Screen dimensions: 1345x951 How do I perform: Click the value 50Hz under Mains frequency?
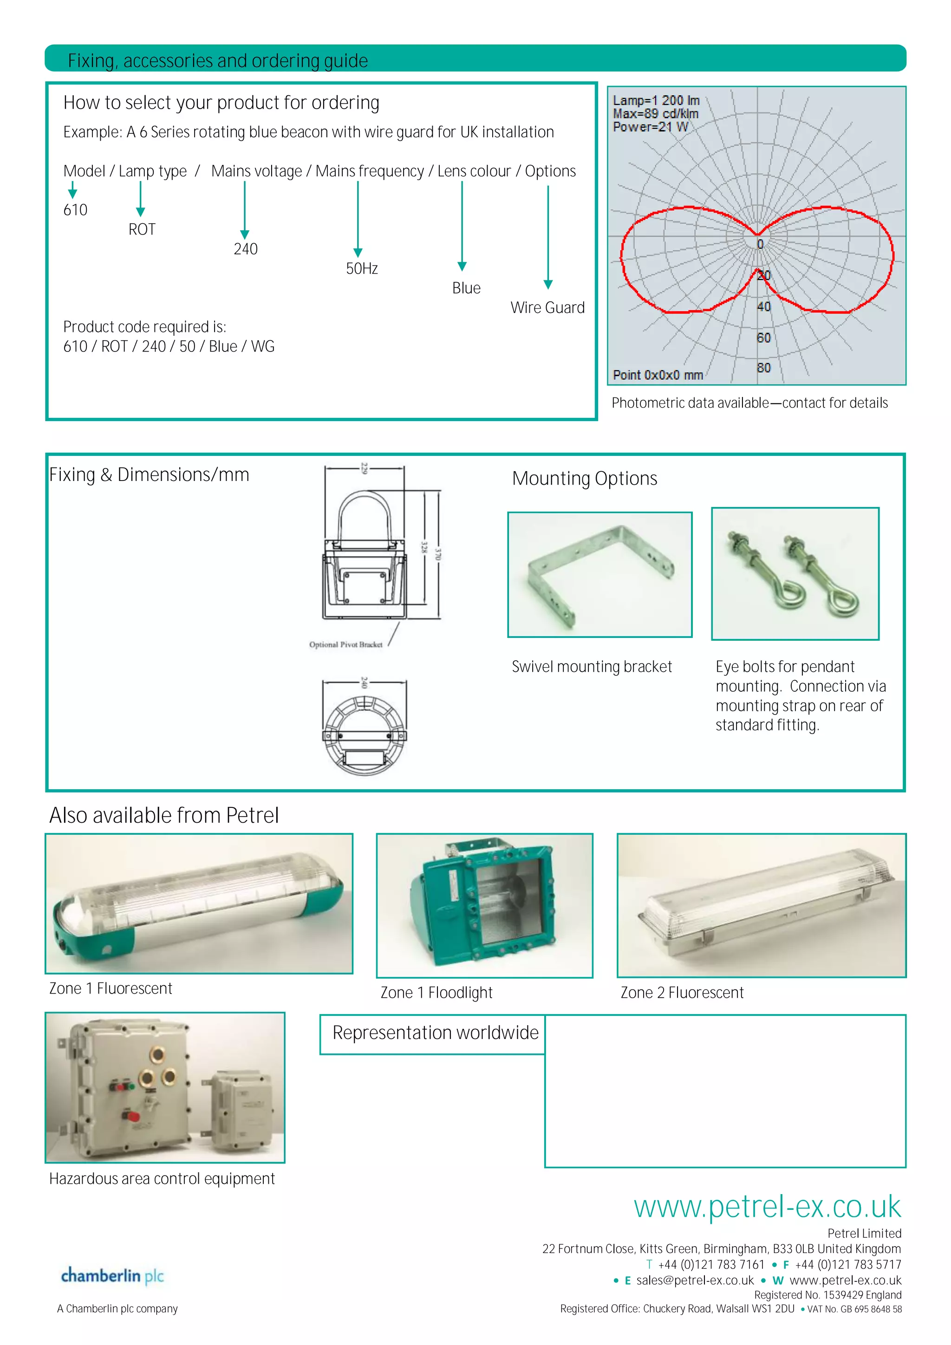[x=362, y=269]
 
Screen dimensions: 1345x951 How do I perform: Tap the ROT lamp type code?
[x=142, y=230]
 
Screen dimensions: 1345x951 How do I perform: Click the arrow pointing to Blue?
[x=462, y=226]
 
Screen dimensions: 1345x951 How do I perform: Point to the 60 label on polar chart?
[x=763, y=338]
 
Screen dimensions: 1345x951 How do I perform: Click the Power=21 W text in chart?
[x=651, y=127]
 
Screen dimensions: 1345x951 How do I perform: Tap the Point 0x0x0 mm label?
[x=658, y=375]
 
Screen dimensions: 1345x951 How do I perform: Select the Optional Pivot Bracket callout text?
[x=345, y=644]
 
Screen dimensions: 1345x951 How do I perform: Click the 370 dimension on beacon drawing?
[x=437, y=553]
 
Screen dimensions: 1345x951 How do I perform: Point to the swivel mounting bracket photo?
[x=599, y=575]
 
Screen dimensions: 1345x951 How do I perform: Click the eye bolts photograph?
[x=795, y=573]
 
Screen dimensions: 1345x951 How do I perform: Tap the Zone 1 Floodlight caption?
[x=436, y=992]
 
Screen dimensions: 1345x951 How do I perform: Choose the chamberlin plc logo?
[x=112, y=1276]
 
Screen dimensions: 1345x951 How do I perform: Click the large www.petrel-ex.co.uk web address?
[x=767, y=1207]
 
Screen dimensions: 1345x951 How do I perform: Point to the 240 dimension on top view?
[x=364, y=682]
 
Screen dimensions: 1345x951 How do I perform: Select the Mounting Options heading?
[x=584, y=479]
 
